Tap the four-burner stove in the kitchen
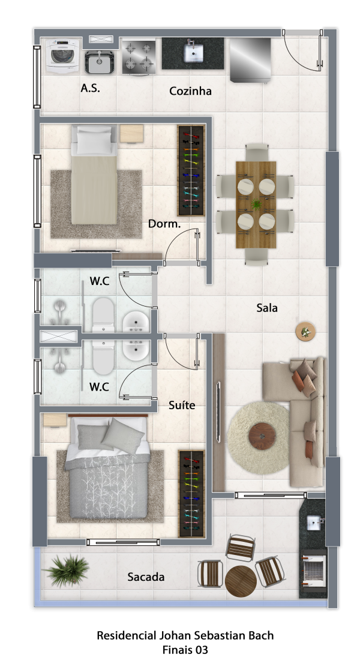click(139, 57)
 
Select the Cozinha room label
click(190, 91)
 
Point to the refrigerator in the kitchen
click(250, 59)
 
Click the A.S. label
click(91, 88)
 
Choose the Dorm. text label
click(164, 224)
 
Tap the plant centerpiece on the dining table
click(256, 205)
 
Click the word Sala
click(267, 308)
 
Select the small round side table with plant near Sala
click(305, 331)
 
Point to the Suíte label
click(182, 405)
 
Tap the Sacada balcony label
click(146, 577)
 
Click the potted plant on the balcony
click(67, 571)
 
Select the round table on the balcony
click(241, 581)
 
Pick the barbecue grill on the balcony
click(314, 570)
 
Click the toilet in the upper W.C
click(104, 315)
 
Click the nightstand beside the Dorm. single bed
click(131, 133)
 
